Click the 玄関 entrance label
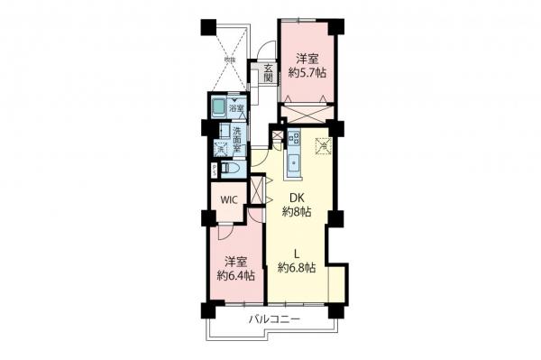[269, 72]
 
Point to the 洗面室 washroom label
[235, 135]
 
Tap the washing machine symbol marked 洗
[219, 148]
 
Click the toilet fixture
[229, 170]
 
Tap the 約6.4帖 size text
[234, 274]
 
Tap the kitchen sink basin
[293, 165]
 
